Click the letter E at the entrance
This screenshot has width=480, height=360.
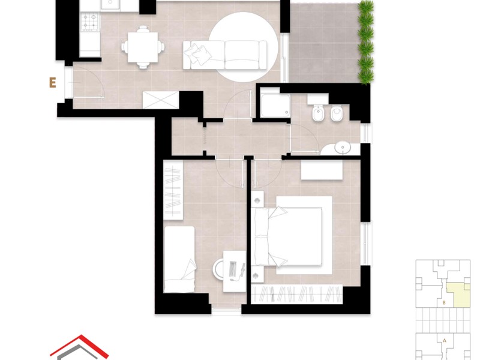(53, 83)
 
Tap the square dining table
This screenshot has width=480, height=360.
(143, 47)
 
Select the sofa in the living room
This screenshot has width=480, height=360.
(225, 55)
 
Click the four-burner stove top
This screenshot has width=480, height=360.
(91, 22)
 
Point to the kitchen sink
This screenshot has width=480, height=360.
(110, 5)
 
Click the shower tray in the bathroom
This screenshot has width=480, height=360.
(275, 105)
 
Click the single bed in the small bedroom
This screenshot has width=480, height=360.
(179, 259)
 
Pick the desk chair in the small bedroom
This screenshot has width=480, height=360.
(218, 269)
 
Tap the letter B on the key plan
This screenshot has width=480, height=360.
(444, 303)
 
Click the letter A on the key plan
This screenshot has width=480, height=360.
(445, 340)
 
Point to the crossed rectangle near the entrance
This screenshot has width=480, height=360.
(161, 100)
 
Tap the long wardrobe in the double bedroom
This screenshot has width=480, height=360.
(297, 294)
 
